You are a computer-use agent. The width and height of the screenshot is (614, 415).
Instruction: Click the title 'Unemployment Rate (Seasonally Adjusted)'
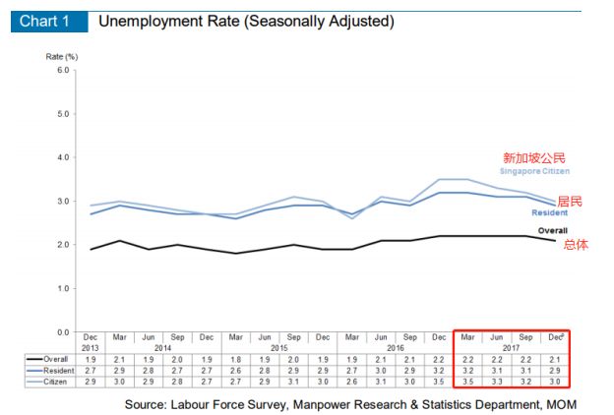[247, 21]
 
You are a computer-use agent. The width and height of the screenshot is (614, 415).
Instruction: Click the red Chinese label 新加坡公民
[534, 157]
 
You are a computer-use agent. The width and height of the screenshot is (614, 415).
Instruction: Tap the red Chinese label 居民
[570, 201]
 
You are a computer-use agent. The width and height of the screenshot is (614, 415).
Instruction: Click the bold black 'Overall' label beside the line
[552, 231]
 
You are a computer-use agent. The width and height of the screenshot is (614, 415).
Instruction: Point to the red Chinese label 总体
[576, 245]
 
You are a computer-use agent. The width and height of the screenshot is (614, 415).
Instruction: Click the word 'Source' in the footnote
[146, 403]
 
